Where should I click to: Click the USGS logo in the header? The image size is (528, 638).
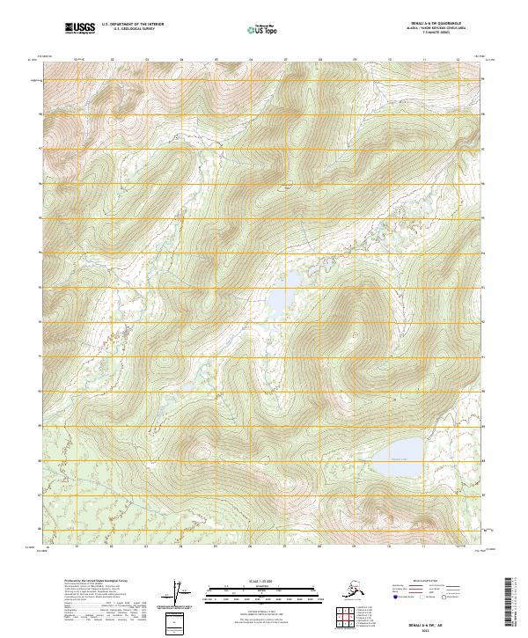79,29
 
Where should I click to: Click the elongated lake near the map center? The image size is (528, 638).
279,304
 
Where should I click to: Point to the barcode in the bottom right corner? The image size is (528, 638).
514,603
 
